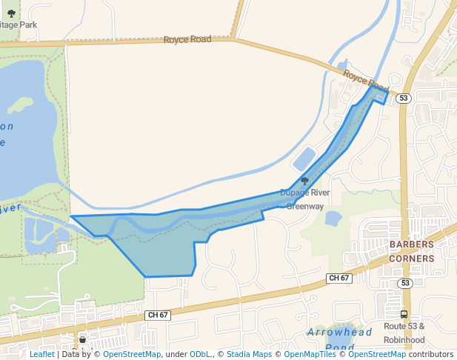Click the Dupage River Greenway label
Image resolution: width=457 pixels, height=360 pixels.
[x=304, y=199]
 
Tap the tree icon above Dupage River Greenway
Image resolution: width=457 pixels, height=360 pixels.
[x=304, y=181]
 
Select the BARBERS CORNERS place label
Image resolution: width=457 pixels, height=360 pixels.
[x=411, y=251]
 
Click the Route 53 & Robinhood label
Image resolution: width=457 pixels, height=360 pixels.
[x=404, y=333]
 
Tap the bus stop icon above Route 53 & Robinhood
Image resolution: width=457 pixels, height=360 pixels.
[x=404, y=314]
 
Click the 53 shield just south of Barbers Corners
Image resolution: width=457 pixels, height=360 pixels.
[x=404, y=283]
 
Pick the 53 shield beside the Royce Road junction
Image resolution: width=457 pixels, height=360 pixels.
[x=403, y=98]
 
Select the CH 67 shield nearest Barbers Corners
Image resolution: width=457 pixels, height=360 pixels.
[x=338, y=278]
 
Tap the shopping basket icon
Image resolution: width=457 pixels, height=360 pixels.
[x=82, y=339]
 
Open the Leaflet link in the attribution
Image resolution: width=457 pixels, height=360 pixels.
[x=42, y=354]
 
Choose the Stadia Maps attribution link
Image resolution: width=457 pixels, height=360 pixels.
[x=249, y=354]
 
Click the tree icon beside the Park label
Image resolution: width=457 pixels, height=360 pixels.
[x=11, y=13]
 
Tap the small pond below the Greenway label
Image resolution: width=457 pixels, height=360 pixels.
[x=333, y=218]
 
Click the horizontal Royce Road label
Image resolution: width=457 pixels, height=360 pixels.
[x=187, y=39]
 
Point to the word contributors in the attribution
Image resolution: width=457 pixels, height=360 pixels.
[x=431, y=354]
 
